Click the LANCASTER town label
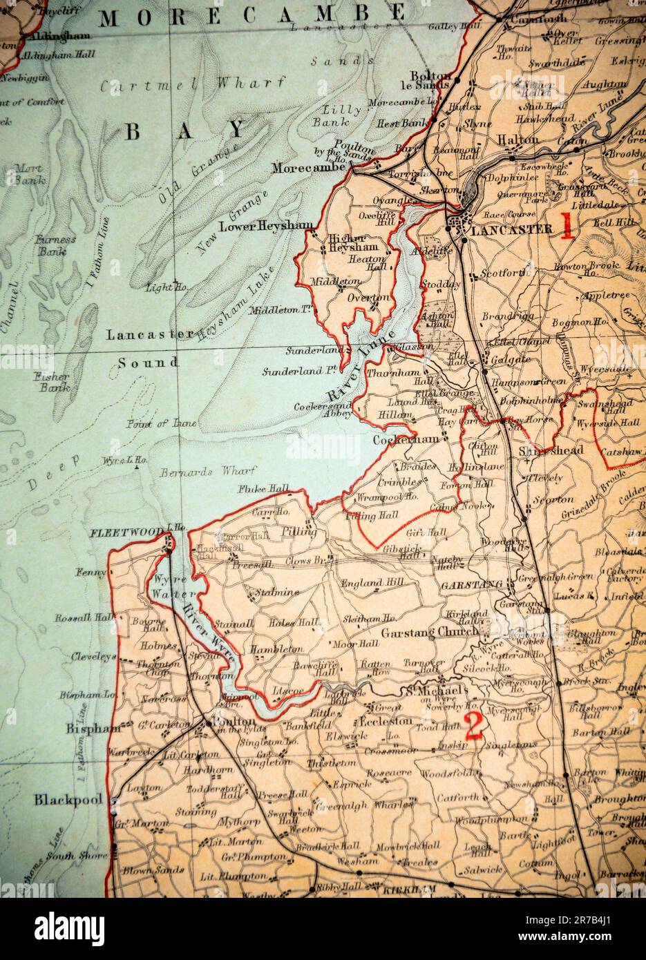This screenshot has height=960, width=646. point(511,229)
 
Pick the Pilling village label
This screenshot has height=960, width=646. point(298,532)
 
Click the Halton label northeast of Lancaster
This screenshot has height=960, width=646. point(517,140)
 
